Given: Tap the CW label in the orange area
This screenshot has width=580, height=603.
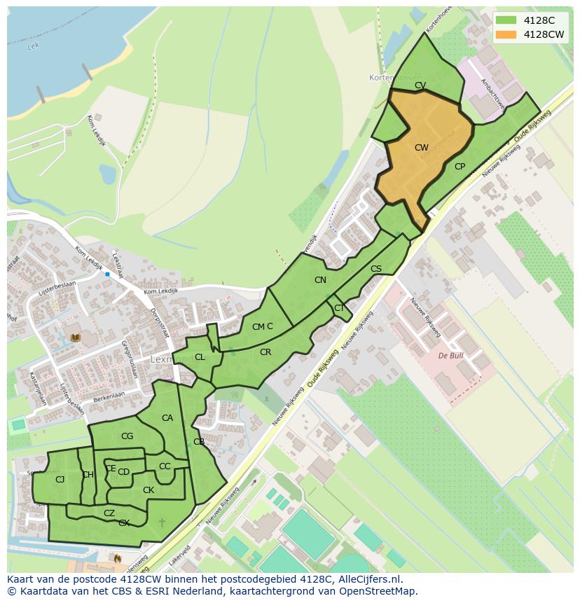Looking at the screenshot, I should tap(421, 148).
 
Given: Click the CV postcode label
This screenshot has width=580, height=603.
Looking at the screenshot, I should tap(420, 85).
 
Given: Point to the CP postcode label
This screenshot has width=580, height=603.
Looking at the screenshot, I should tap(460, 167).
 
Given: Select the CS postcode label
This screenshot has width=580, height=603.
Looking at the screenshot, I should tap(376, 269).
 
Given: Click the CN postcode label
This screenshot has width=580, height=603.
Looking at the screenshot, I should tap(320, 280).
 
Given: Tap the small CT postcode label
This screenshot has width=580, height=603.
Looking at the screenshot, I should tap(339, 308).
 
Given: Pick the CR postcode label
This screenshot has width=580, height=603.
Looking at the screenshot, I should tap(265, 352).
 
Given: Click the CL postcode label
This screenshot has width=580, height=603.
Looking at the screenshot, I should tap(200, 357).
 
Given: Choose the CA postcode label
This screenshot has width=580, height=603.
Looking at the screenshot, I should tap(167, 418).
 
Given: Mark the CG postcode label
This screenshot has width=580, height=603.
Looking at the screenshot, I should tap(127, 436).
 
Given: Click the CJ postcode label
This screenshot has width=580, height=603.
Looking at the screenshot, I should tap(60, 480).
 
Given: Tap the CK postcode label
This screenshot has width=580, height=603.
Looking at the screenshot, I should tap(149, 490).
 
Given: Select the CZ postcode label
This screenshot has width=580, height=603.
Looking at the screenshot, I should tap(109, 513).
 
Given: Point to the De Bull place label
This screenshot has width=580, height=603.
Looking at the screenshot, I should tap(452, 356).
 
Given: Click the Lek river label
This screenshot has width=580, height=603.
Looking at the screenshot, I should tap(32, 47).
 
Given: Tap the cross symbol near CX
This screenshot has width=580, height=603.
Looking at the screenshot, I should tap(163, 522).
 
